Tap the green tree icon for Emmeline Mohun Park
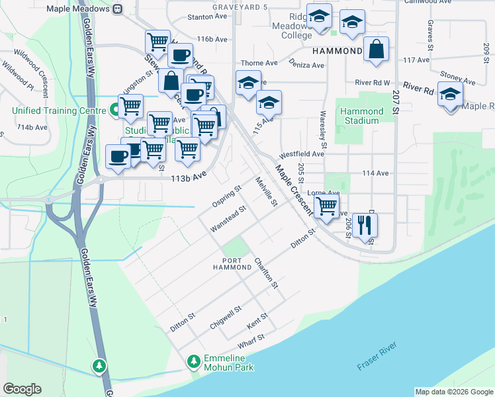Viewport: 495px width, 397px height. pyautogui.click(x=194, y=361)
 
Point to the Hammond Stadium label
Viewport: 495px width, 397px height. pyautogui.click(x=361, y=116)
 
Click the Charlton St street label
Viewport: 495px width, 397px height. pyautogui.click(x=266, y=273)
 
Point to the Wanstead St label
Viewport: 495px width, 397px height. pyautogui.click(x=228, y=218)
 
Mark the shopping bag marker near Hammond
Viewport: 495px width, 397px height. pyautogui.click(x=376, y=49)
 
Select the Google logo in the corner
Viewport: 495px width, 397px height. pyautogui.click(x=22, y=389)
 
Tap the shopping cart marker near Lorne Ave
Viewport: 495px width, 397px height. pyautogui.click(x=326, y=206)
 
